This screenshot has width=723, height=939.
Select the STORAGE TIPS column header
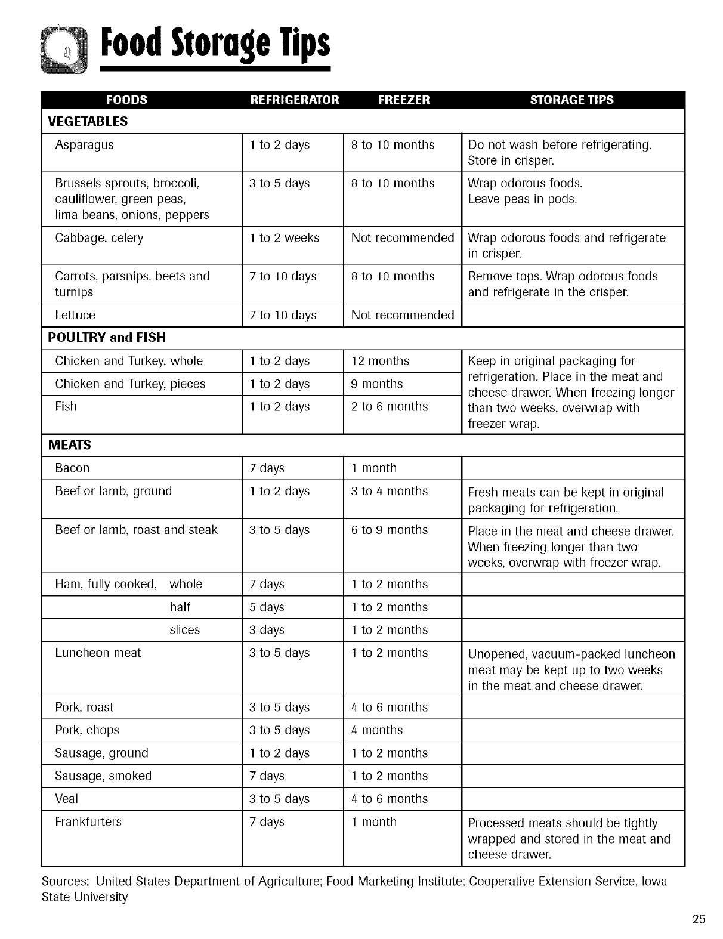click(571, 100)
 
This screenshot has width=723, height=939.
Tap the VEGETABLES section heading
click(88, 122)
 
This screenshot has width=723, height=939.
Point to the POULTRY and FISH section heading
click(107, 338)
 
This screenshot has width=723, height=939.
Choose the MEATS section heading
click(70, 446)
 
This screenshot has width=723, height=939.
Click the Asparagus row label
click(84, 145)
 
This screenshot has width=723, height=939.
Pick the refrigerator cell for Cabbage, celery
click(284, 238)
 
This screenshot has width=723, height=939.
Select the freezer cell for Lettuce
click(403, 315)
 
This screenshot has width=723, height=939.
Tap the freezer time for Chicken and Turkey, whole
click(380, 361)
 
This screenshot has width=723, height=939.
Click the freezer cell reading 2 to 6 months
click(390, 407)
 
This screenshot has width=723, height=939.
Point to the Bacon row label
click(72, 468)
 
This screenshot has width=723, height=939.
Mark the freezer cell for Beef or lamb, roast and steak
click(390, 530)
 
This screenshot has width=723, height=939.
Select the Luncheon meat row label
click(98, 653)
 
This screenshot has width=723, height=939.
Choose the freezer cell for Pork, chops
click(377, 730)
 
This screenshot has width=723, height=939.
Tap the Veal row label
click(66, 799)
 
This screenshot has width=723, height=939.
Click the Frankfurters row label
click(88, 822)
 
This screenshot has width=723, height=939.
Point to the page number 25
click(699, 919)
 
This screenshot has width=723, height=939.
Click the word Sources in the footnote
click(66, 882)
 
